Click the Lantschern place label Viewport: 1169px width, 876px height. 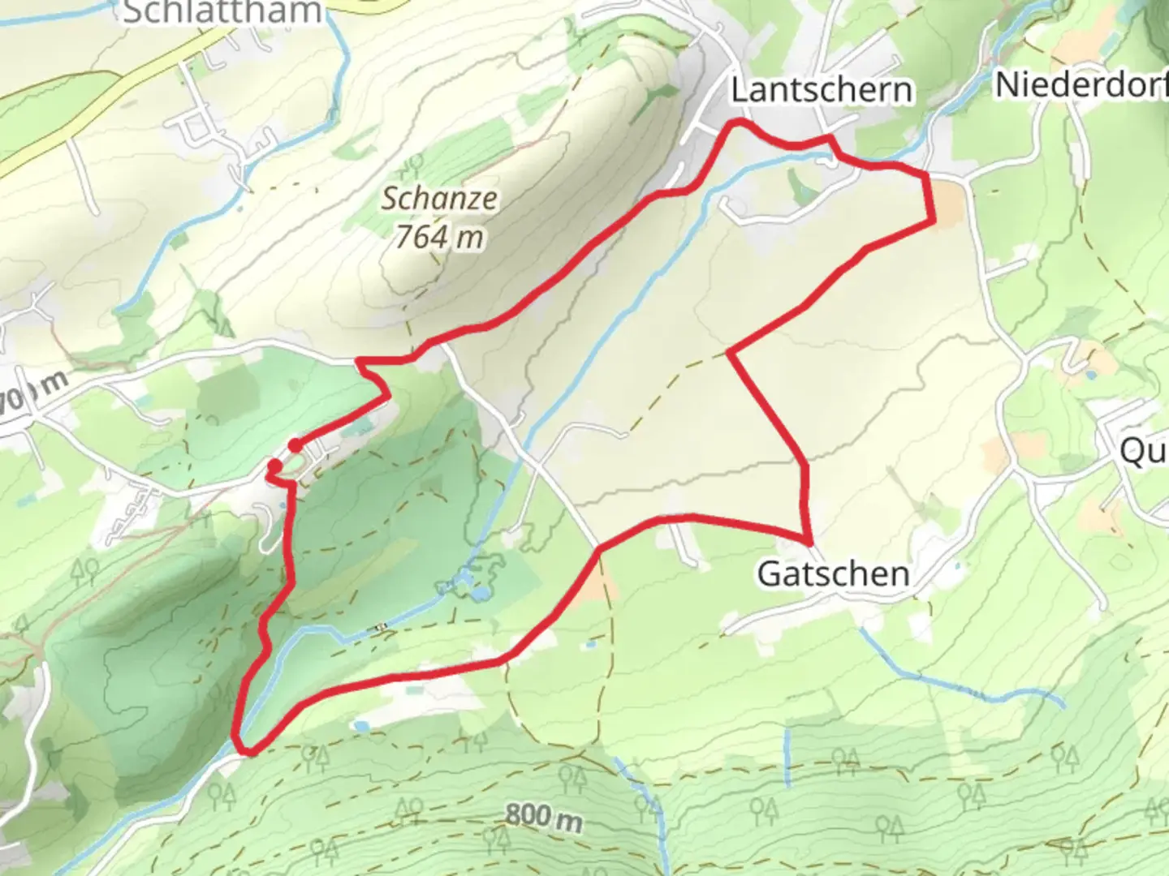[821, 89]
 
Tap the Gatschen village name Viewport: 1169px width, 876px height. [832, 573]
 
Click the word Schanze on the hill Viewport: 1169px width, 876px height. [439, 198]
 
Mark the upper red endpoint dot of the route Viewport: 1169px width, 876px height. [295, 445]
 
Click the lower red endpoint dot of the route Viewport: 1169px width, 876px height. [275, 466]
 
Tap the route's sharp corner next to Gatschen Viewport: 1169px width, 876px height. [809, 541]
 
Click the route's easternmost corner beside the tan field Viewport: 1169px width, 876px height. [933, 219]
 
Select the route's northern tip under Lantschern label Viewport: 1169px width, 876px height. [737, 122]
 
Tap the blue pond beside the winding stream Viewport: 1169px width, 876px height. [481, 594]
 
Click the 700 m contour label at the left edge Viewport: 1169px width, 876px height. [32, 396]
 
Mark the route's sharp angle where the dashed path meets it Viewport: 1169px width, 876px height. [731, 353]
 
